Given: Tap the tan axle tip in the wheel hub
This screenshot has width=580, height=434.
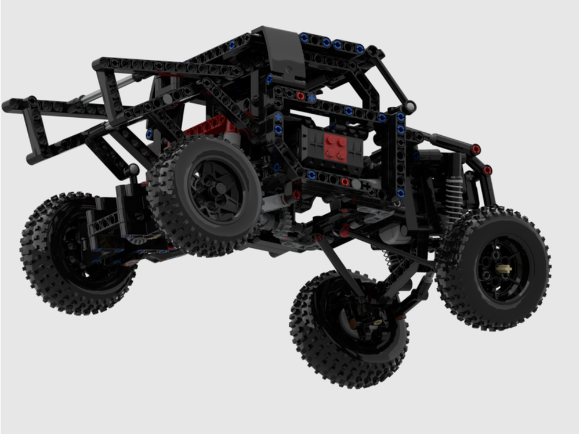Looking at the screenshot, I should click(503, 269).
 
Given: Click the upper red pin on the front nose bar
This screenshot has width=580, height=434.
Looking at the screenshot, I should click(476, 149).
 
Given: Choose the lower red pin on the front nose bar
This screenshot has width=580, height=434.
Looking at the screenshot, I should click(487, 169).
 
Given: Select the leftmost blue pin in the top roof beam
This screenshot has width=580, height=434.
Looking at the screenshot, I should click(303, 38).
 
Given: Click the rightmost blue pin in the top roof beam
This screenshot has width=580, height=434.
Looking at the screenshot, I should click(360, 49).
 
